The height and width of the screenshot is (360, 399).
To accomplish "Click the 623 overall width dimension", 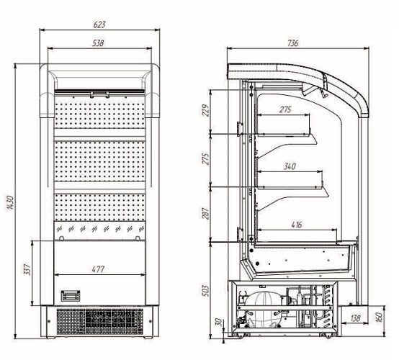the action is click(99, 24).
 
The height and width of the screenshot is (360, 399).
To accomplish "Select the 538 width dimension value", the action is click(98, 43).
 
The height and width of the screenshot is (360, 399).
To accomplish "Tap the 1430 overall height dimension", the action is click(10, 202).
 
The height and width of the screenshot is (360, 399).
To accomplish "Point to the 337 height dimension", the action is click(27, 270).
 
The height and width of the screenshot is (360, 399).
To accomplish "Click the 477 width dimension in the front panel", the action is click(98, 269).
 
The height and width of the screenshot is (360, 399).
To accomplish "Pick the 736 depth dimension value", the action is click(293, 43).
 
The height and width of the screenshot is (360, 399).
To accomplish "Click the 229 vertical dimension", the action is click(205, 110).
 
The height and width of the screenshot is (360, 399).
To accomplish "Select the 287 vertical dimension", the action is click(205, 213).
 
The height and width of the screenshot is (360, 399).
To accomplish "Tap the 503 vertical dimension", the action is click(205, 291).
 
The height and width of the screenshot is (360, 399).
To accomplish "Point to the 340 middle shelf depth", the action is click(290, 166).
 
